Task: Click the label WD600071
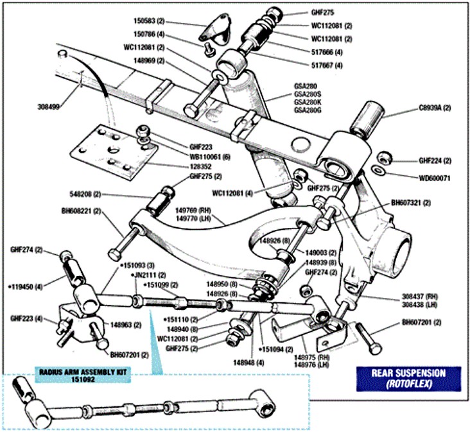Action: [x=435, y=178]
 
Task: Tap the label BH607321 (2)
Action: [x=411, y=203]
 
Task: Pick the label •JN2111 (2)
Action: [x=145, y=274]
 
